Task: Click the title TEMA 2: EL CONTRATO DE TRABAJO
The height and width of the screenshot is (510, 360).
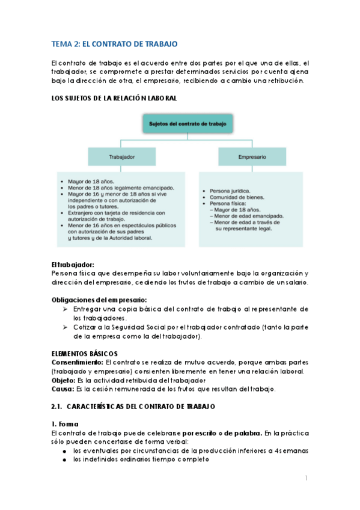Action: point(114,44)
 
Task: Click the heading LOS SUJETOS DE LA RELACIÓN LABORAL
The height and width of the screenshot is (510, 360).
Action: point(114,98)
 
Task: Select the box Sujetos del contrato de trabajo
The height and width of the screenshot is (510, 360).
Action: point(188,125)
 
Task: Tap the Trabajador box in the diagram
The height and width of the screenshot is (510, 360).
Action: point(121,156)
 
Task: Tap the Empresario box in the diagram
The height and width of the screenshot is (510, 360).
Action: point(252,156)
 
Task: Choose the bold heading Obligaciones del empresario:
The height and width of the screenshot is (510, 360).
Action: point(99,299)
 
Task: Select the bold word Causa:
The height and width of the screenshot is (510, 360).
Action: point(63,389)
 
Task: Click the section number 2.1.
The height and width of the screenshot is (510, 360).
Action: point(58,407)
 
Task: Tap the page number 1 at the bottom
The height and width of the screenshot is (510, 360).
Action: point(306,479)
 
